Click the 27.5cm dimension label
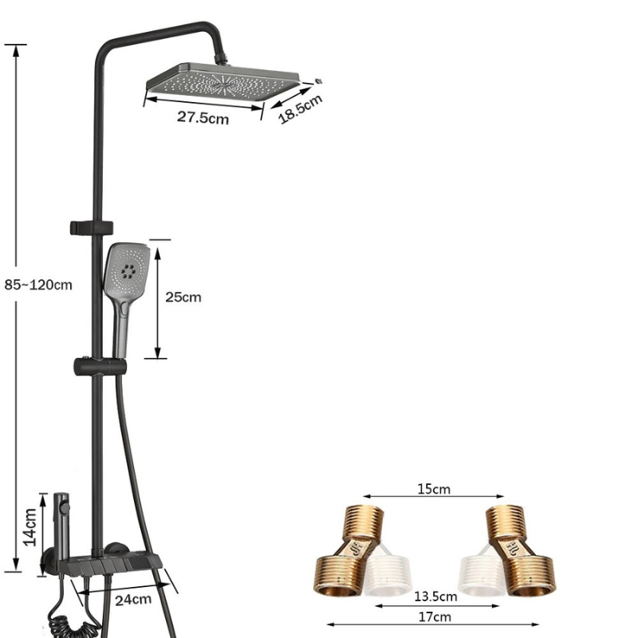tap(203, 117)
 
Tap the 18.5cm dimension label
tap(301, 108)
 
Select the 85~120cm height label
tap(38, 285)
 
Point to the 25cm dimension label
tap(183, 297)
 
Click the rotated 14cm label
tap(30, 527)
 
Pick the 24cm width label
tap(133, 600)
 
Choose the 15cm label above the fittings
tap(434, 489)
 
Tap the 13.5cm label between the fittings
tap(435, 597)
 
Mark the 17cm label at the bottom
tap(435, 616)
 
